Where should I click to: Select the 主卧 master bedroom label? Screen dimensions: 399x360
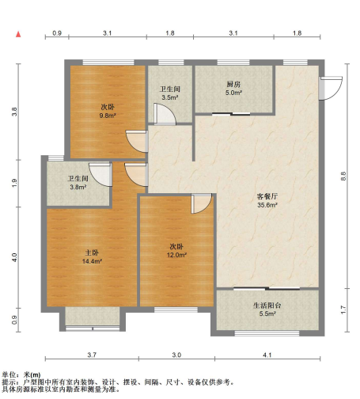point(92,253)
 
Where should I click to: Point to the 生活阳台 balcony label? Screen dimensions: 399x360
point(267,306)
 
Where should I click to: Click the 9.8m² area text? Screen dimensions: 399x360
point(108,116)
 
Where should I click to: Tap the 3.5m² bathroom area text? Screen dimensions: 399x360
point(169,97)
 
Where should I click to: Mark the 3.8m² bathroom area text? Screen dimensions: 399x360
point(77,188)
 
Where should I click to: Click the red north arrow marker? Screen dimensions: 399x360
point(17,36)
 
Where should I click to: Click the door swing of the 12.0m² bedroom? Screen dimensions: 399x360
point(201,203)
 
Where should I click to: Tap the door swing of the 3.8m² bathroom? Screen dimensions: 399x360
point(100,173)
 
